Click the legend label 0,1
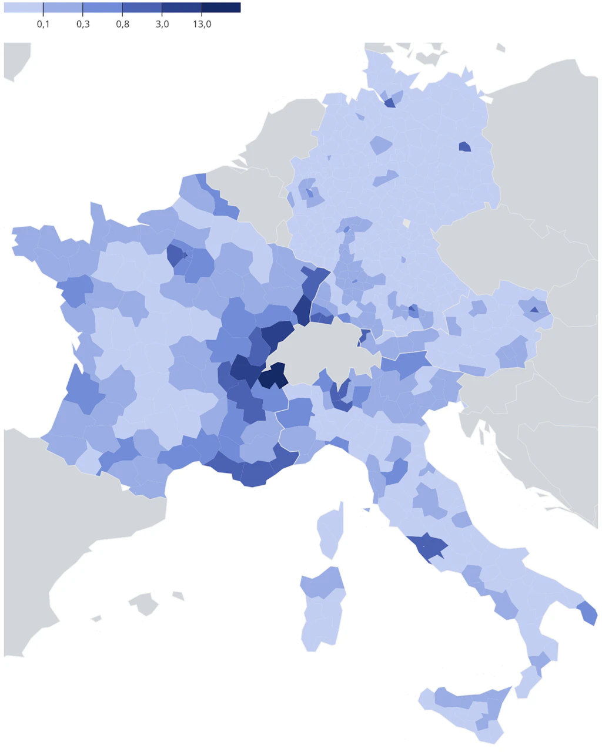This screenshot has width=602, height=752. point(43,24)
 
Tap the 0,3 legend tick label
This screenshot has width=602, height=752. point(83,24)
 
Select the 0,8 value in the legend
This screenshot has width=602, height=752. point(122,24)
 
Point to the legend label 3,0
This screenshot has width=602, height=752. point(162,24)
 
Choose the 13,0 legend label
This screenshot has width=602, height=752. point(202,24)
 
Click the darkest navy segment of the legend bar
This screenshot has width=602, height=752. point(221,8)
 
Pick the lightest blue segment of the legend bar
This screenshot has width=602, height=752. point(24,8)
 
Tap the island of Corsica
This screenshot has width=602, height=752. point(329,532)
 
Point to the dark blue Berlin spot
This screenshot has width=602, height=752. point(464,147)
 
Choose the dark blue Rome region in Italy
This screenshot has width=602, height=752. point(428,546)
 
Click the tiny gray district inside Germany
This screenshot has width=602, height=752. point(406,223)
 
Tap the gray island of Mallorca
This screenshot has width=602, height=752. point(145,603)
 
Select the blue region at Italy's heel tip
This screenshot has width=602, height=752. point(588,613)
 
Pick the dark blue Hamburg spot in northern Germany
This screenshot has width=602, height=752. point(389,103)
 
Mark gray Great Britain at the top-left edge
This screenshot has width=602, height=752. point(15,59)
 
